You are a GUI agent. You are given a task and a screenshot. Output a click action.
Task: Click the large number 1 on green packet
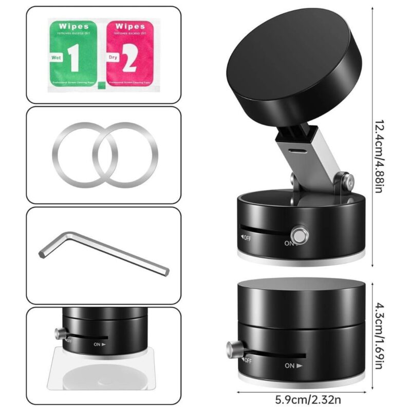point(74,60)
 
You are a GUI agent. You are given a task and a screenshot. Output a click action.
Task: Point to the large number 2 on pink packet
point(129,60)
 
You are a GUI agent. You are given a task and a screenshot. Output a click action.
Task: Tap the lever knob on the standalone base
point(230,351)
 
